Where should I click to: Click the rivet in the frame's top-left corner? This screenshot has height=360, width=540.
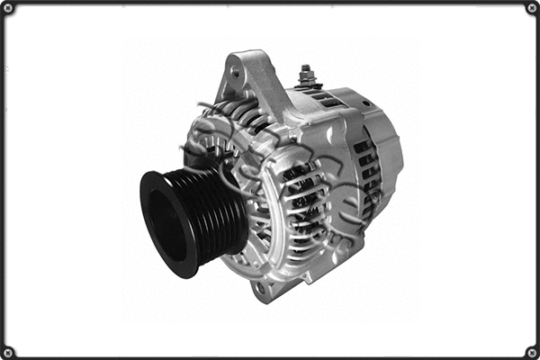tap(8, 8)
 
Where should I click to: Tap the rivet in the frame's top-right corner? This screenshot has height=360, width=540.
tap(531, 8)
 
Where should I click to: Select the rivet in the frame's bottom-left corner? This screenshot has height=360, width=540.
tap(8, 351)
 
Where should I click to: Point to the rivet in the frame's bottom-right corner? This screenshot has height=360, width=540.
tap(531, 351)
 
